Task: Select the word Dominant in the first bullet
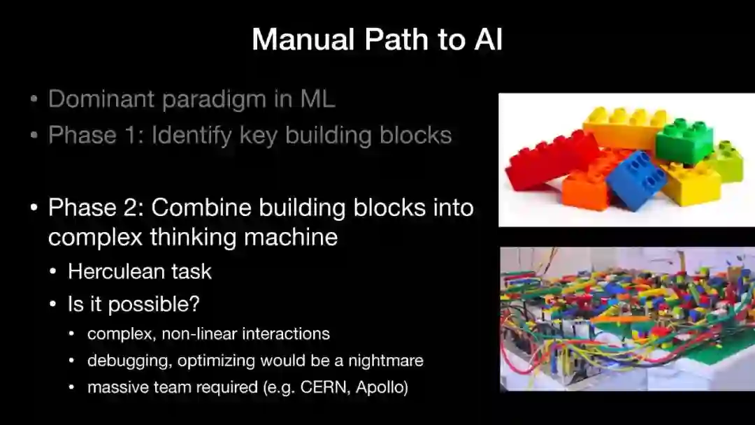click(x=101, y=99)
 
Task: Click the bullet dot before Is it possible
click(x=53, y=304)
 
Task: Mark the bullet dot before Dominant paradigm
click(x=34, y=99)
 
